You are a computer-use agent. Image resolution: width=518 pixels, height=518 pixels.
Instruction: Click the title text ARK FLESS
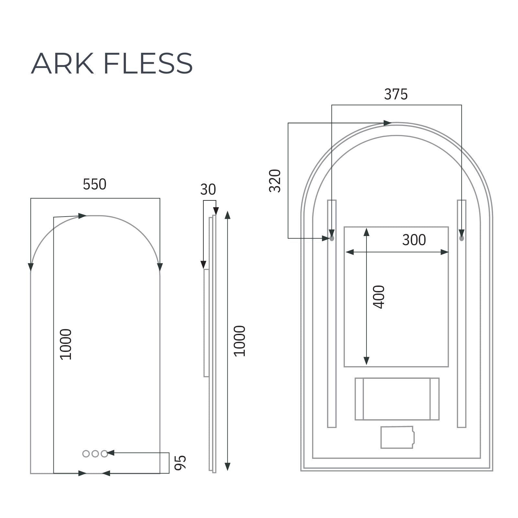point(112,63)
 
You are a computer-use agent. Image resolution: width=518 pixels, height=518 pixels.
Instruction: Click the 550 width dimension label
point(95,185)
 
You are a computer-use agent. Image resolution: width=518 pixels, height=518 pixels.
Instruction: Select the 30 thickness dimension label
point(208,190)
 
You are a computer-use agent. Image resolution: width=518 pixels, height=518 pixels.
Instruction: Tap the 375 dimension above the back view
point(396,95)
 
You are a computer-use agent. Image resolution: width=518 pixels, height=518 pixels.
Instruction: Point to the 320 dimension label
point(275,181)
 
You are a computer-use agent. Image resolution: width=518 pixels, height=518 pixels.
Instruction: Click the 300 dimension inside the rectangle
point(414,240)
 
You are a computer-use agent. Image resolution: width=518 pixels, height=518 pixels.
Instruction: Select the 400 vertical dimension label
point(378,297)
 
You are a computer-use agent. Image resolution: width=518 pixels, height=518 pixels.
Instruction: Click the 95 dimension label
point(180,462)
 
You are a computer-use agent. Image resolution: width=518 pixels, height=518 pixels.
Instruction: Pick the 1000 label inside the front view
point(66,344)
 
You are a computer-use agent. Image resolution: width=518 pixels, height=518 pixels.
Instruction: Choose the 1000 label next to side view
point(240,341)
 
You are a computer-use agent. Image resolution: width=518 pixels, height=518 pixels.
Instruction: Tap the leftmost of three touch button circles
point(86,454)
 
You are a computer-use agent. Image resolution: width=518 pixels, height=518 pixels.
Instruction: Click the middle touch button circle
point(95,454)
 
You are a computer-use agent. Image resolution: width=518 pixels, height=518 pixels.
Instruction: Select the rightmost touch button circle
point(104,454)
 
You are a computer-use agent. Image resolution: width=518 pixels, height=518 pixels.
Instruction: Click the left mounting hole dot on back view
point(332,238)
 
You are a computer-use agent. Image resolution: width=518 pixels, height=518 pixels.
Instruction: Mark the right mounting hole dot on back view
point(461,238)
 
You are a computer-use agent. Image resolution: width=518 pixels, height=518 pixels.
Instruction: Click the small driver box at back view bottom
point(397,437)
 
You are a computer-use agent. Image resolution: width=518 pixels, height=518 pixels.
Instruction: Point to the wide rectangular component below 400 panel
point(397,399)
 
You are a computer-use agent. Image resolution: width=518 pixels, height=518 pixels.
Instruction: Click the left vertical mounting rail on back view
point(332,324)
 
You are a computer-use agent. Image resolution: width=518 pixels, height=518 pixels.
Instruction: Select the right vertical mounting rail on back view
point(461,324)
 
